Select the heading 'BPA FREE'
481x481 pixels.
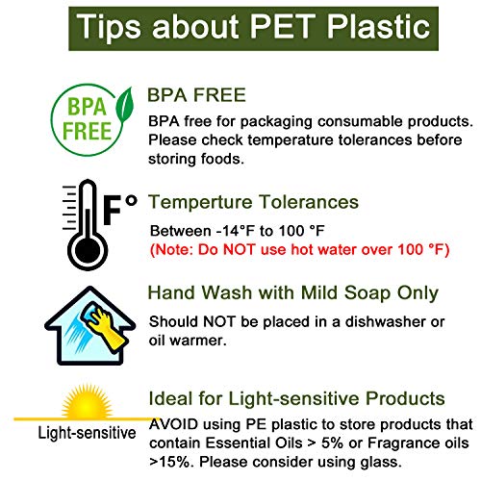pos(196,95)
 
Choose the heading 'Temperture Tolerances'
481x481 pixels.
pos(253,202)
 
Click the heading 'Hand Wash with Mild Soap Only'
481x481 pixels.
pos(292,292)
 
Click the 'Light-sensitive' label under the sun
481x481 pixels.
pos(88,433)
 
